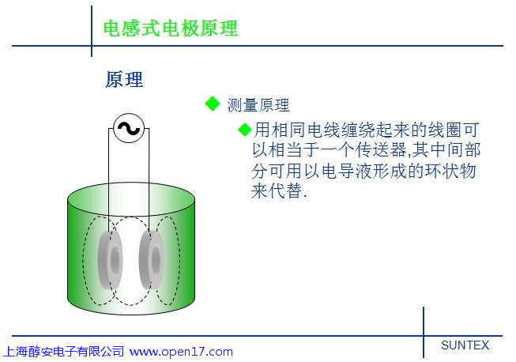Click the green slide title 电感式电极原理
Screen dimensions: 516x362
click(x=171, y=28)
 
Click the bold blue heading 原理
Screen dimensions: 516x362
click(x=124, y=79)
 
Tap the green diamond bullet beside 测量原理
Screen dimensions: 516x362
click(x=213, y=104)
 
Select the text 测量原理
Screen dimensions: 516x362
click(x=258, y=105)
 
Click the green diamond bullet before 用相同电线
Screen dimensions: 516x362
click(x=245, y=130)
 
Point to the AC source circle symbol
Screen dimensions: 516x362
click(x=129, y=128)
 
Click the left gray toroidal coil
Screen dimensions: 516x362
click(x=111, y=259)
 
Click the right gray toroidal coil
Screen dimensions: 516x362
click(x=152, y=259)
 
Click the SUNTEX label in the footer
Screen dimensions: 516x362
click(x=465, y=345)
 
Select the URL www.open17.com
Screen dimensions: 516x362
click(x=181, y=352)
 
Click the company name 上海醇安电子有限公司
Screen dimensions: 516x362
click(x=63, y=352)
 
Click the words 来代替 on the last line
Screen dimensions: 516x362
click(x=277, y=190)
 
